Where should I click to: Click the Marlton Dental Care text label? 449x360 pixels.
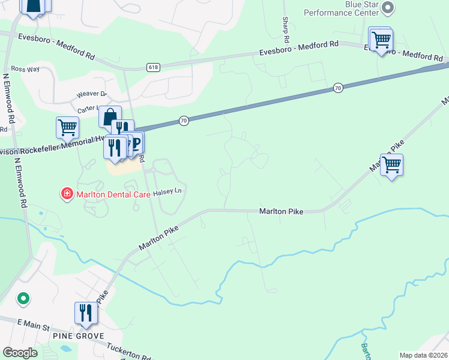105,193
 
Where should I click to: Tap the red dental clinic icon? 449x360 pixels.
67,193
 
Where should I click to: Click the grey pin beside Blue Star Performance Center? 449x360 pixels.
388,8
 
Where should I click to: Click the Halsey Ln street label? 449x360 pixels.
167,192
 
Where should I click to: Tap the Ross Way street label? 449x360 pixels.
25,69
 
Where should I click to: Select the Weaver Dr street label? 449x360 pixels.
91,94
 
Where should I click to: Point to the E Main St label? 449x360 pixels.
32,325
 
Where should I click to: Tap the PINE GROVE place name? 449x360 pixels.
79,336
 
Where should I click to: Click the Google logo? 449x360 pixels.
20,353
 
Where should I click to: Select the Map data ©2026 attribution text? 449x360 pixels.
423,355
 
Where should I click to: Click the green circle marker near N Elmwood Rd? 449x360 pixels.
23,298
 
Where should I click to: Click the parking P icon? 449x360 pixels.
135,142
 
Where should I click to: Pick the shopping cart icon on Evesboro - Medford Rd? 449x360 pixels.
381,40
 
